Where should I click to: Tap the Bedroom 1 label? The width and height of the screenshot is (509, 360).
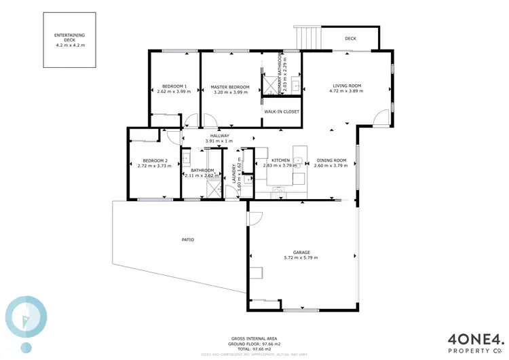click(174, 87)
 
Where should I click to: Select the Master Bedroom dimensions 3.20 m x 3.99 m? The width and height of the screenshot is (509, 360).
click(230, 92)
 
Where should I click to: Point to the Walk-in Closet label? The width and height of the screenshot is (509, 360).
click(282, 111)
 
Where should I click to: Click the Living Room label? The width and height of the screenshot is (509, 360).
click(346, 86)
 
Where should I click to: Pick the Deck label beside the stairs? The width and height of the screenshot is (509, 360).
click(350, 39)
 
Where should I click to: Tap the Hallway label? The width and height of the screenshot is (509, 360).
click(219, 136)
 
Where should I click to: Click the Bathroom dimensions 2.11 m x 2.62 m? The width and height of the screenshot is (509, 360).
click(202, 175)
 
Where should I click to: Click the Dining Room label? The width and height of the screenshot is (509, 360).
click(330, 160)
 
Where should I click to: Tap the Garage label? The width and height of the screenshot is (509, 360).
click(301, 252)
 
